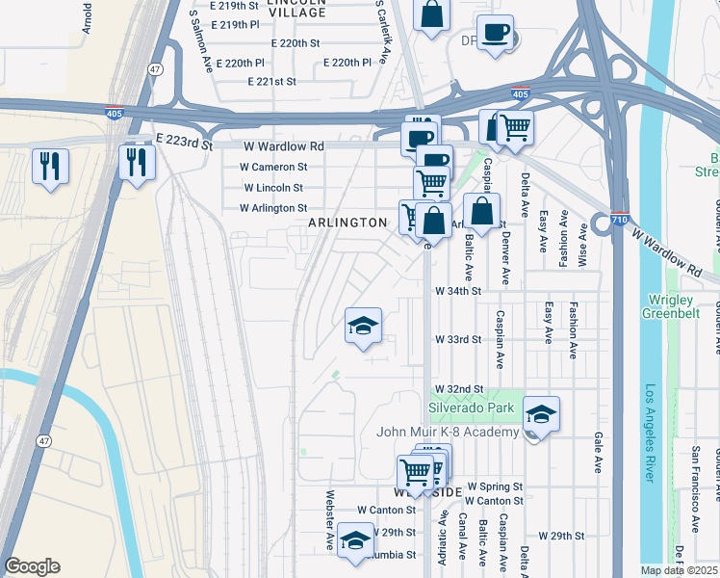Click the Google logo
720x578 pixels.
[32, 566]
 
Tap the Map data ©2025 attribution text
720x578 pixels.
[679, 570]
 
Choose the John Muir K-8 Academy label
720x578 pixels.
[449, 431]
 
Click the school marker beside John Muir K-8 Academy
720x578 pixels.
[541, 414]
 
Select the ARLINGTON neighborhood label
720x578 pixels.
[347, 223]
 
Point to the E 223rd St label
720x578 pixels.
[186, 144]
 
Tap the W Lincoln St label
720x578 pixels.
[273, 188]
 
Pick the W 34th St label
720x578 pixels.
[457, 290]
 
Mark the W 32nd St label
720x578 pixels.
[457, 389]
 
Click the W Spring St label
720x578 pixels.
[495, 487]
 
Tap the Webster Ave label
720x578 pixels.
[329, 519]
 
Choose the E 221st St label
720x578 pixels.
[271, 82]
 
